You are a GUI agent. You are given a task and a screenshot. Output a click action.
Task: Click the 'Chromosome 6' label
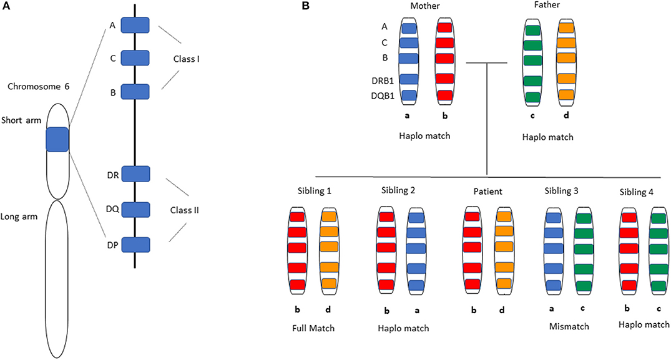click(x=39, y=86)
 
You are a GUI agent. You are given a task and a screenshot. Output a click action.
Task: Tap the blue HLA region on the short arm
click(x=57, y=139)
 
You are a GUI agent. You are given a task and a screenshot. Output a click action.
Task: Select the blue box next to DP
click(x=135, y=245)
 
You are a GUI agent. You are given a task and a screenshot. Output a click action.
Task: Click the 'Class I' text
click(x=186, y=59)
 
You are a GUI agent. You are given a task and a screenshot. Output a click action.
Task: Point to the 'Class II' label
click(x=184, y=210)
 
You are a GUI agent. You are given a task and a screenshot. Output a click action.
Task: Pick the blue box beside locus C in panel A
click(x=135, y=58)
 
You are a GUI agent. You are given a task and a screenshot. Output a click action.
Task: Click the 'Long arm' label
click(x=19, y=216)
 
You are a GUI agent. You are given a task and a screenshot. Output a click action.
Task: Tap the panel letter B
click(x=306, y=6)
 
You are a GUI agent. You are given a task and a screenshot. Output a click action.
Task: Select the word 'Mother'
click(x=425, y=6)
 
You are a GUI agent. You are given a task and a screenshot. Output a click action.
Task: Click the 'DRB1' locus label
click(x=383, y=80)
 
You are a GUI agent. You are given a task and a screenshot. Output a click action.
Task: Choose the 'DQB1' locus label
click(x=383, y=96)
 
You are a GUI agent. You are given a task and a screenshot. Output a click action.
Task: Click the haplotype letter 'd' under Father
click(x=567, y=115)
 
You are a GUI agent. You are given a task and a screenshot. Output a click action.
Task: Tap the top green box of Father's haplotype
click(x=533, y=31)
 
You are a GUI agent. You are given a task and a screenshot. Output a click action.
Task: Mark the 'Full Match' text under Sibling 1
click(x=313, y=328)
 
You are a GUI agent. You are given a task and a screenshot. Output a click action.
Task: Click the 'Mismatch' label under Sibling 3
click(x=569, y=327)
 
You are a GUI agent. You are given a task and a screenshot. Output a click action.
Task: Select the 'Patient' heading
click(x=488, y=192)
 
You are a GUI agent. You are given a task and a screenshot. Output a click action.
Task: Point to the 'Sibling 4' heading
click(x=636, y=192)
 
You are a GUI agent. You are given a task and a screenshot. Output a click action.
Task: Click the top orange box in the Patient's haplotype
click(x=503, y=216)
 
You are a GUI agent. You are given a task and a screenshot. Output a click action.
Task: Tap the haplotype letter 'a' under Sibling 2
click(x=417, y=311)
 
